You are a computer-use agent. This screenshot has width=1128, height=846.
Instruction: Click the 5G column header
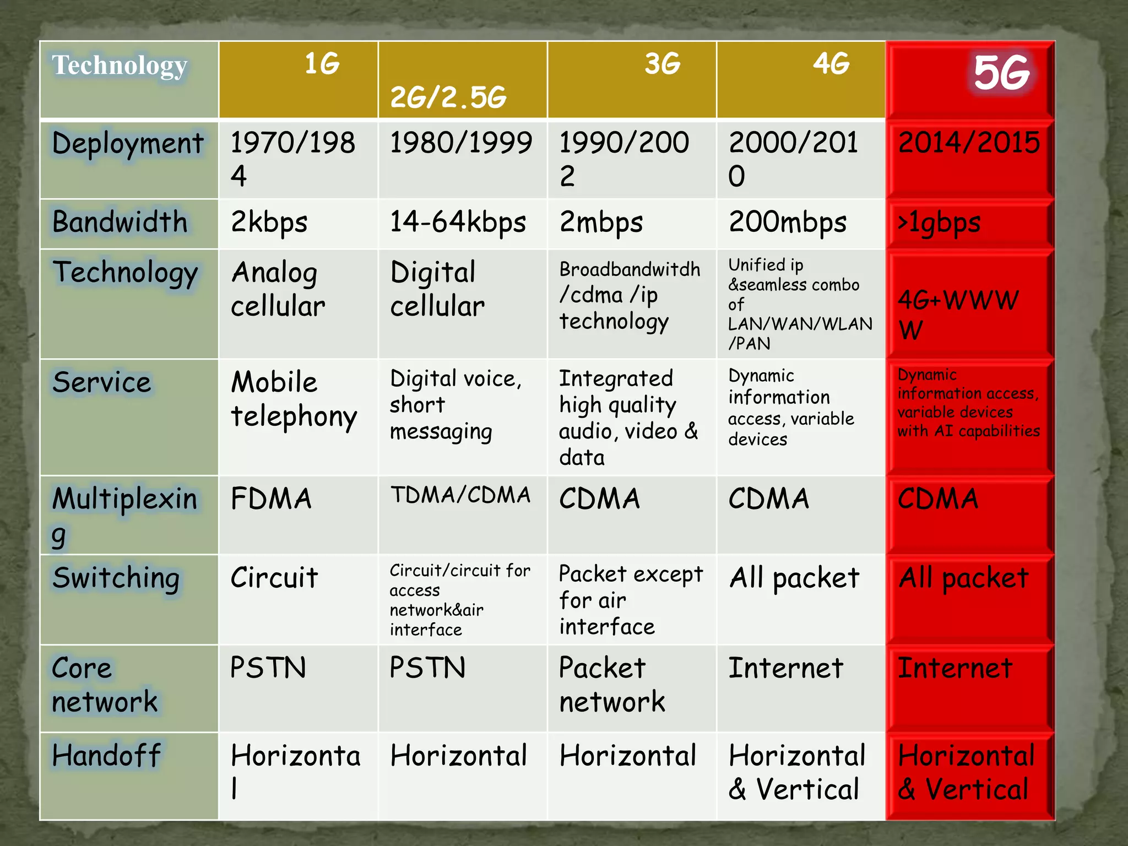1000,73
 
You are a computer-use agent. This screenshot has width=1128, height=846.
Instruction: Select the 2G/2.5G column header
448,97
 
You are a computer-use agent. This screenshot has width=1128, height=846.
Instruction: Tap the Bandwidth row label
120,223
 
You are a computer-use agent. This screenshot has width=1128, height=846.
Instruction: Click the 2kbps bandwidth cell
269,223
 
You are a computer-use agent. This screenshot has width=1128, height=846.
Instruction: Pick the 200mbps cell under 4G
787,223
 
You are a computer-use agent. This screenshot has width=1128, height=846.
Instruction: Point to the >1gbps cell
939,223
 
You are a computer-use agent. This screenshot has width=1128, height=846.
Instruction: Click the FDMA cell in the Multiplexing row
271,499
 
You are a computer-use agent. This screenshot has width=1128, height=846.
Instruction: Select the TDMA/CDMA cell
460,495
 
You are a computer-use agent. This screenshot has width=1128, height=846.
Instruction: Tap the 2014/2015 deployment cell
968,143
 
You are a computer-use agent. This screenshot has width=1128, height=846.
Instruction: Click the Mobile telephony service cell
293,399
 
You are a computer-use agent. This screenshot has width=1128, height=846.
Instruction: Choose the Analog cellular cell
278,289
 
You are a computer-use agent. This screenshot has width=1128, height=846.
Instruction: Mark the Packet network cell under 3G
612,685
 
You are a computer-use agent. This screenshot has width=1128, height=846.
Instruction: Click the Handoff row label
106,755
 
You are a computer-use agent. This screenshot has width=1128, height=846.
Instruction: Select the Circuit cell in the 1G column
274,578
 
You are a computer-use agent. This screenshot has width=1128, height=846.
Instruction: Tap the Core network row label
105,685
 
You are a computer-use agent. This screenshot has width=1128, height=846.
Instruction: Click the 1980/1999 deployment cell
460,143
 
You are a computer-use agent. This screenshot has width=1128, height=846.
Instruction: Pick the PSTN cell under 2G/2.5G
427,668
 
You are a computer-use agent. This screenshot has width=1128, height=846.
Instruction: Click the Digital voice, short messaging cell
455,405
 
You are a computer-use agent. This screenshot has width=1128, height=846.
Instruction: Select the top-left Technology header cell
120,66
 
